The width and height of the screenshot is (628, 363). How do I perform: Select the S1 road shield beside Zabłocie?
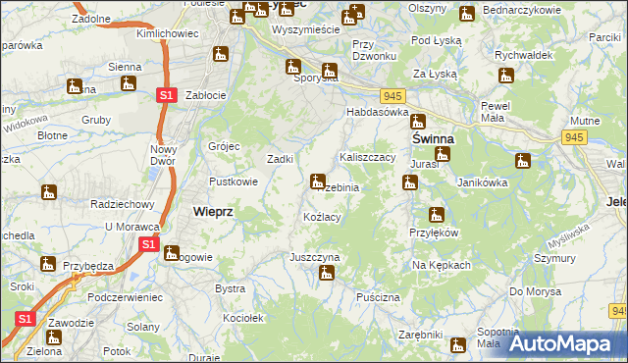coord(166,95)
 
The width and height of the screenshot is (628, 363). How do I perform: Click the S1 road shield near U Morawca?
coord(147,244)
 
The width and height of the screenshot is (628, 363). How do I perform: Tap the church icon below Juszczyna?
coord(328,274)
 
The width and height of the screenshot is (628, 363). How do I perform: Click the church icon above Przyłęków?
coord(436,215)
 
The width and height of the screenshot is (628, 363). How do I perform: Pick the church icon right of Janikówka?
coord(523,161)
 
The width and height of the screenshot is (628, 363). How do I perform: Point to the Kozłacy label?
coord(322,217)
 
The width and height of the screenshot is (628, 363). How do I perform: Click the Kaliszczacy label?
coord(367,157)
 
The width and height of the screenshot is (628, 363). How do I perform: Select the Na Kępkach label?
coord(442,265)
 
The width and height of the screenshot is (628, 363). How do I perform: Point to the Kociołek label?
coord(244,319)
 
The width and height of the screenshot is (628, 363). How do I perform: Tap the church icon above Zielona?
coord(53,337)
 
